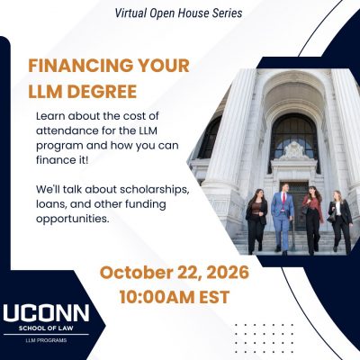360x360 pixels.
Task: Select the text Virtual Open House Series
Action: [179, 13]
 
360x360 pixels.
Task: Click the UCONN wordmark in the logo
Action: [46, 312]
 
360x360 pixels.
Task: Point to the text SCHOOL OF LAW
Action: [46, 328]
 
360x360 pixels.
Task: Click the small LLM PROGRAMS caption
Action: [46, 340]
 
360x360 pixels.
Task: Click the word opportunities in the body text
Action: [72, 219]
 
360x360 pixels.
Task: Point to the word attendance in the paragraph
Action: [67, 130]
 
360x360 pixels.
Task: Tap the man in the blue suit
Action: [283, 218]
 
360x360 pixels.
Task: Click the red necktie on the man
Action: [283, 201]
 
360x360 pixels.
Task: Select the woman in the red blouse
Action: [312, 219]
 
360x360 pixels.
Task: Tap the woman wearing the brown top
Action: [256, 221]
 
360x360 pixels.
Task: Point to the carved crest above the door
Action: [294, 151]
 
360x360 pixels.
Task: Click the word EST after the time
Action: [214, 297]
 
